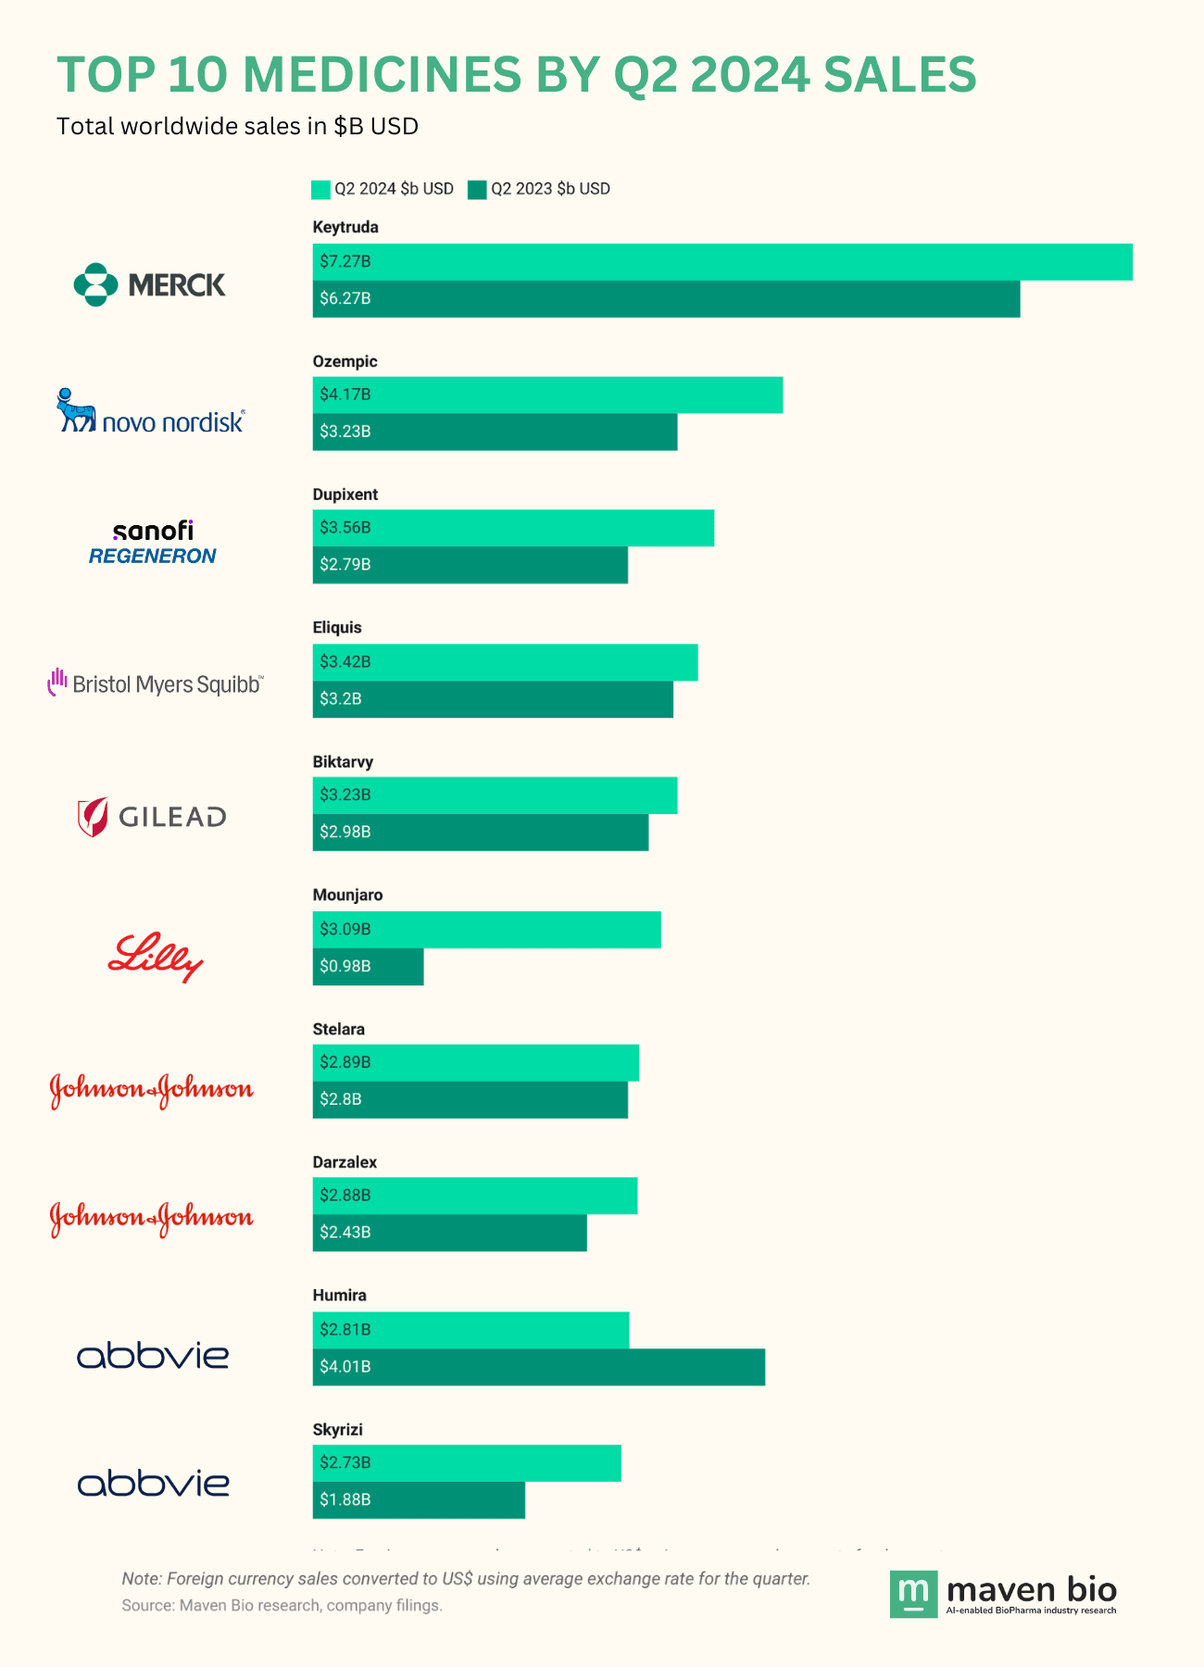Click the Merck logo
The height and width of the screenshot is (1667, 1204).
click(149, 284)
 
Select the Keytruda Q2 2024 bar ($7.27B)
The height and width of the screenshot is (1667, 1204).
click(722, 262)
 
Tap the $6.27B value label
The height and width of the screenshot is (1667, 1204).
click(345, 299)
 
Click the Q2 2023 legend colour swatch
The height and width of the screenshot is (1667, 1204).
click(477, 190)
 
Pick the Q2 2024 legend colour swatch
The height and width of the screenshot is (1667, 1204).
click(320, 190)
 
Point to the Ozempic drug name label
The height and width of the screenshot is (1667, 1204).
click(345, 361)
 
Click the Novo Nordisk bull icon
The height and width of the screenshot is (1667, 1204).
click(75, 410)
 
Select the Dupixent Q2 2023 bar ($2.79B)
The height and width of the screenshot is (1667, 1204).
click(470, 565)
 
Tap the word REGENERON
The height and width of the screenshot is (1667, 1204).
click(152, 557)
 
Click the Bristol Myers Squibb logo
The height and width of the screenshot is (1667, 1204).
click(156, 683)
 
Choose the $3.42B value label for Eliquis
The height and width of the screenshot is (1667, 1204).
click(345, 662)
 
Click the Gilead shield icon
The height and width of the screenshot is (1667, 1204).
click(93, 817)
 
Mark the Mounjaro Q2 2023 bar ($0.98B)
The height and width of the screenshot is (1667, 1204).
click(368, 967)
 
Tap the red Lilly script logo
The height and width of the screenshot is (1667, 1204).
click(156, 957)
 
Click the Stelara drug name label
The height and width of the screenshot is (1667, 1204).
click(339, 1029)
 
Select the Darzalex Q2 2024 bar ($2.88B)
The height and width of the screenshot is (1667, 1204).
click(475, 1196)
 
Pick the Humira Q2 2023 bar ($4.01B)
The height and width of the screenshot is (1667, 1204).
click(539, 1367)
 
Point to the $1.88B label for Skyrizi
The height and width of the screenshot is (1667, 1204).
click(345, 1500)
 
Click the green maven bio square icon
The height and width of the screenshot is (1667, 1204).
click(913, 1594)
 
